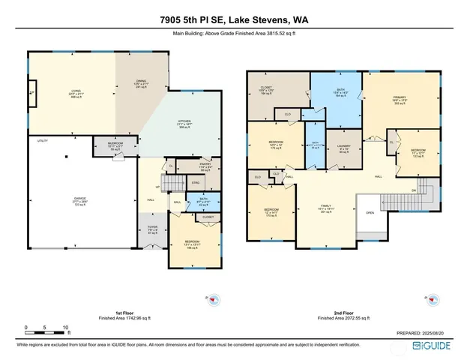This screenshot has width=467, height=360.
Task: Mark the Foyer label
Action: point(153,230)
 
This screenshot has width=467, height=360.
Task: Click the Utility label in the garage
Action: point(42,140)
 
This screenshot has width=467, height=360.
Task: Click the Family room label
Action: point(326,208)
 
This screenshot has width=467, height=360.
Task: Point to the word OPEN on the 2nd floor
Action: point(370,212)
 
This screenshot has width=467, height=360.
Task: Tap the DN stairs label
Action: point(413,190)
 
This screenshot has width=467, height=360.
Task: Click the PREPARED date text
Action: point(423,333)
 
